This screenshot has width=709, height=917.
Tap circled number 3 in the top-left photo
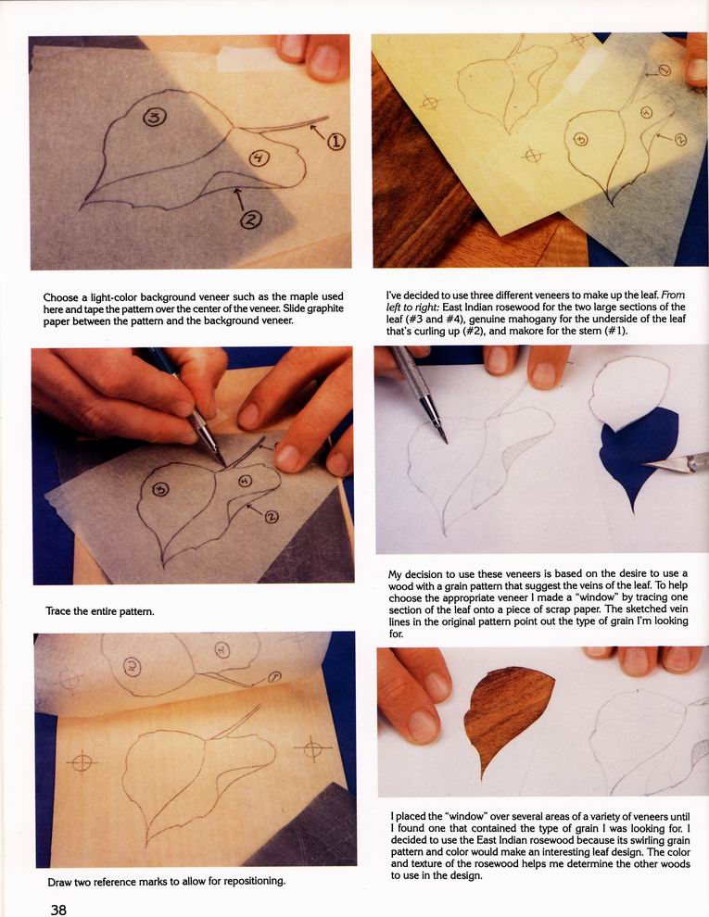tap(155, 118)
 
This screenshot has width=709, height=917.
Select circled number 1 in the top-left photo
tap(336, 142)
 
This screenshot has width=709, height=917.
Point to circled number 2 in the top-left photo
tap(251, 220)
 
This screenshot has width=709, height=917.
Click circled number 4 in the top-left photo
tap(259, 157)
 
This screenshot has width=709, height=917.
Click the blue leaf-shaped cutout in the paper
tap(638, 453)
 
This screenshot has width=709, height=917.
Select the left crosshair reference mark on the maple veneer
tap(82, 761)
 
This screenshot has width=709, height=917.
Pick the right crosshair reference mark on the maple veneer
tap(312, 747)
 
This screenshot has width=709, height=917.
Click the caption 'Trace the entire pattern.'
tap(100, 611)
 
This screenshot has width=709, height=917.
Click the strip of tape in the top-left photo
tap(250, 58)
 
